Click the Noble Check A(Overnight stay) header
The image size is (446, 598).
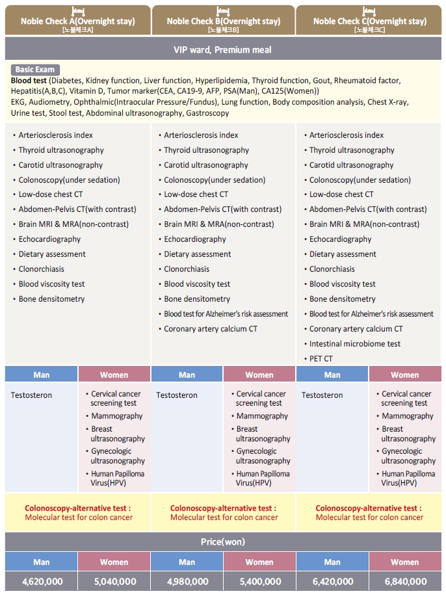point(77,21)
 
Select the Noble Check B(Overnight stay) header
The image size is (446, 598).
point(223,21)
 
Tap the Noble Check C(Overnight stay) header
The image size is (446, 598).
point(370,21)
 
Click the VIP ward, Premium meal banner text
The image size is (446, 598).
point(222,49)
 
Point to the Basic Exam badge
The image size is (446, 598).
point(35,70)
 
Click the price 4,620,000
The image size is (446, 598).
point(42,581)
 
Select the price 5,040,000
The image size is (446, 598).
point(114,581)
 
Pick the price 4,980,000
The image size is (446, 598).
point(187,581)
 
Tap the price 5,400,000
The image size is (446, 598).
point(259,581)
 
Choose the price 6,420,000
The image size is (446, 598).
point(332,581)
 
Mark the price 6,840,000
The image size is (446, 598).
point(405,581)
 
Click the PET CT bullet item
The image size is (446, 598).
point(321,359)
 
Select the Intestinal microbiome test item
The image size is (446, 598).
point(354,344)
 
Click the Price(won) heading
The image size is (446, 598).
point(223,541)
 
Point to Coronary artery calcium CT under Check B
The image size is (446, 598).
point(210,329)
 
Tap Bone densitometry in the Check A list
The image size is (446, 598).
point(51,299)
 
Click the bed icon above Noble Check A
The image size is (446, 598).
point(78,9)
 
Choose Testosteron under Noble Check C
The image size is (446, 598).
point(322,395)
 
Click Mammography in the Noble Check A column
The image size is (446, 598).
point(116,416)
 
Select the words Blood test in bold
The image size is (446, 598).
point(29,81)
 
